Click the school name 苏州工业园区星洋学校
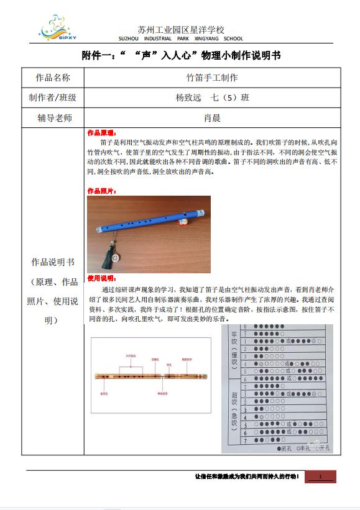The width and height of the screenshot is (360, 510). [x=181, y=29]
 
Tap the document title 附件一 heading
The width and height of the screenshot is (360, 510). [x=181, y=55]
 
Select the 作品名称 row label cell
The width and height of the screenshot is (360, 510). [x=53, y=78]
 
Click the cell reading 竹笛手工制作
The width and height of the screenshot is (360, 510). [x=212, y=78]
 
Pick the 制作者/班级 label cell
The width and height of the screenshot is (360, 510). [x=53, y=98]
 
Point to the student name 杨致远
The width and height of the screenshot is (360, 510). [x=189, y=98]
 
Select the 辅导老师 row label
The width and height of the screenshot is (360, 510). [x=53, y=117]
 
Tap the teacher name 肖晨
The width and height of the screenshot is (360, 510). [x=212, y=117]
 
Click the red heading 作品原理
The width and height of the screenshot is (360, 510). [x=101, y=133]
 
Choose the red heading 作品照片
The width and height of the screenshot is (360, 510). [x=101, y=191]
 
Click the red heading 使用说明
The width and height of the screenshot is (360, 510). [x=101, y=278]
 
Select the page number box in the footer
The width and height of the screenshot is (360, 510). [x=320, y=476]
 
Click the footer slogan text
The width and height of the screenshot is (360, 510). [x=247, y=476]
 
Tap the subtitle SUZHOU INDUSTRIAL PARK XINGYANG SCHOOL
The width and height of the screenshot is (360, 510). [x=181, y=39]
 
